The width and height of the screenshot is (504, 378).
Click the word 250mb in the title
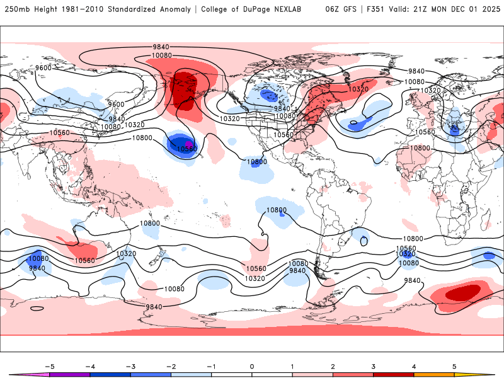click(x=15, y=9)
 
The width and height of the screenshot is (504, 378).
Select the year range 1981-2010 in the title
click(x=77, y=9)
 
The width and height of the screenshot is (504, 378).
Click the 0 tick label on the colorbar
click(x=252, y=366)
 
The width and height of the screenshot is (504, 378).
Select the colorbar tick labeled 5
click(x=454, y=366)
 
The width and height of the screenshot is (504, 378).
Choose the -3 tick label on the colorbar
click(x=130, y=366)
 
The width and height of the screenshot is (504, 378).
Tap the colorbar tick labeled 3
click(x=374, y=366)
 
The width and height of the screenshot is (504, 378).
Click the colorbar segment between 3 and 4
click(x=394, y=375)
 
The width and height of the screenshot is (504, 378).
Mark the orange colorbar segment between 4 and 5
click(x=434, y=375)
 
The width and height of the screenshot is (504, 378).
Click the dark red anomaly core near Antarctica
click(x=463, y=292)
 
